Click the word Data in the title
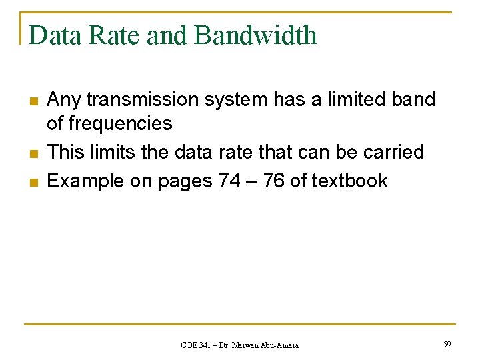(x=51, y=35)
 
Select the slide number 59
(x=446, y=344)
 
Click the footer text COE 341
(x=197, y=345)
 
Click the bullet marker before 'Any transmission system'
(x=33, y=101)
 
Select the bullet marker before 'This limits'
(x=33, y=153)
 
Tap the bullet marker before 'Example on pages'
(x=33, y=182)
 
